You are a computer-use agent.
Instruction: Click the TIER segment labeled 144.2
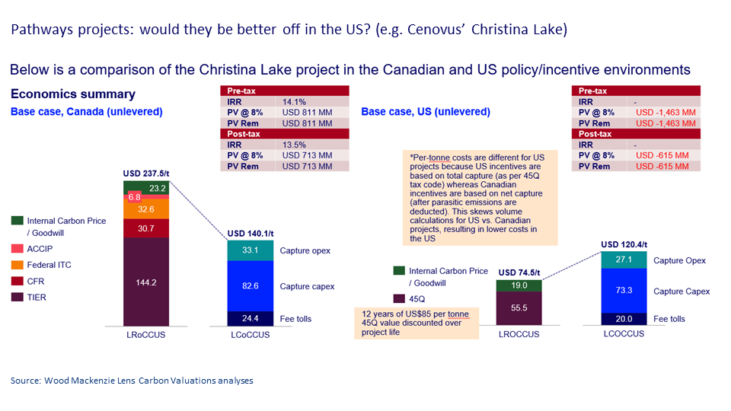point(146,281)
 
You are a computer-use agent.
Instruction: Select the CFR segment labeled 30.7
point(146,227)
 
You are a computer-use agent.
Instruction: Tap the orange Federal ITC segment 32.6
point(146,207)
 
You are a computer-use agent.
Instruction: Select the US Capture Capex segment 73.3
point(624,291)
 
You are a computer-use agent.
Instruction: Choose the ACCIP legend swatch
point(18,249)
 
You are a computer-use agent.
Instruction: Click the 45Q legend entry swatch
point(398,298)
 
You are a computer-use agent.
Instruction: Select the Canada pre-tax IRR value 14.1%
point(295,101)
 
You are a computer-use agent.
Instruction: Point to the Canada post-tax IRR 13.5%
point(295,145)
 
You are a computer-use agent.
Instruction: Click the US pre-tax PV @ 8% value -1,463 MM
point(667,112)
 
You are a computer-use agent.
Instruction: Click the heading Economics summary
point(72,94)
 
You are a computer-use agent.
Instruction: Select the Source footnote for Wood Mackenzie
point(132,381)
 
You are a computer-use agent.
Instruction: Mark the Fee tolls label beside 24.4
point(295,319)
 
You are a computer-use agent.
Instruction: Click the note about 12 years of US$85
point(415,322)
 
